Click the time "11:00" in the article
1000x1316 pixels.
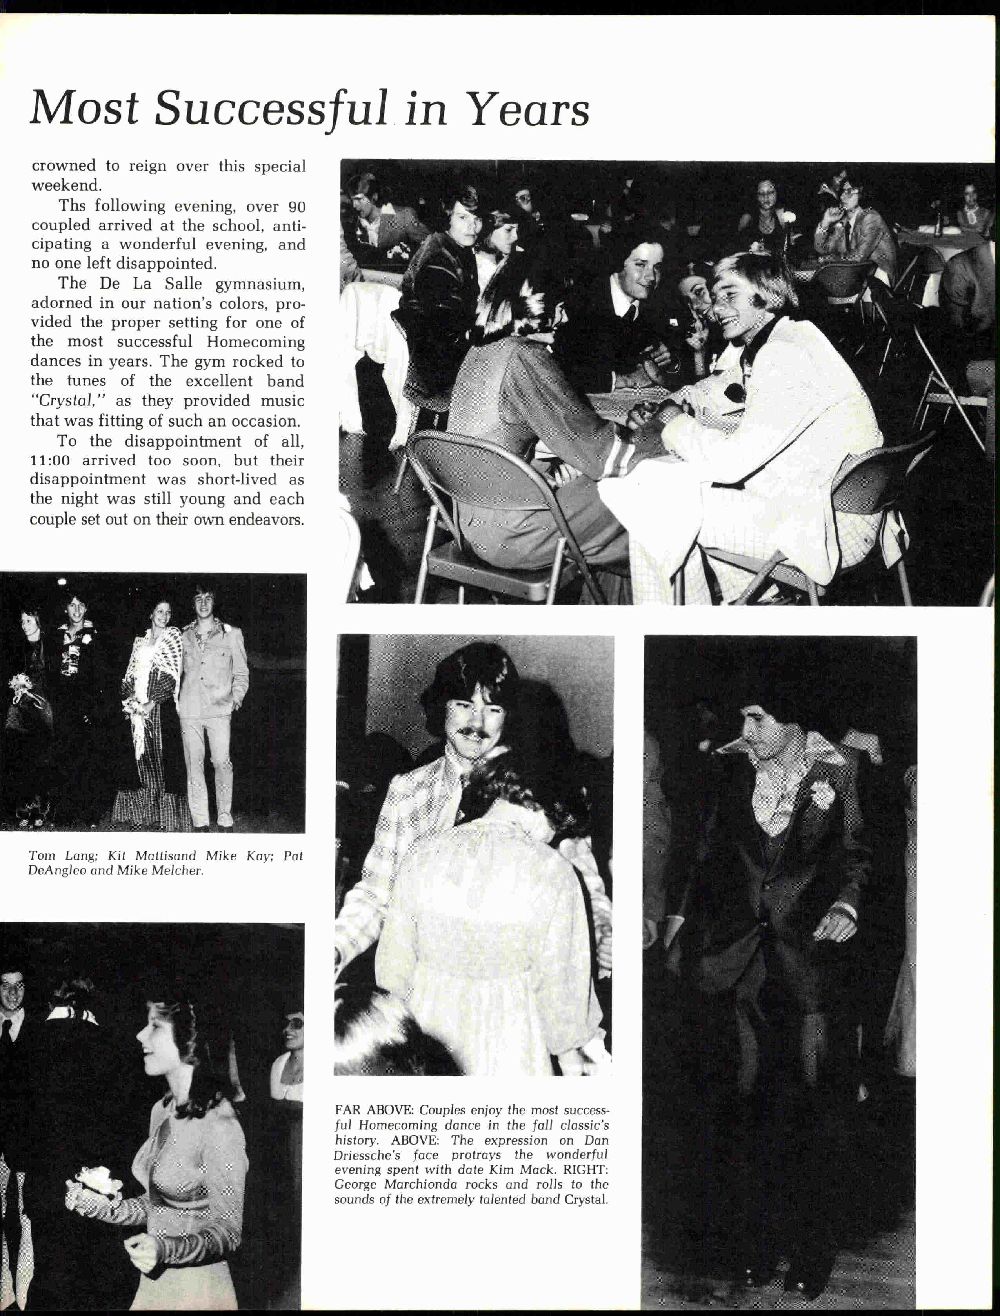(50, 460)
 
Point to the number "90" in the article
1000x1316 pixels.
(296, 207)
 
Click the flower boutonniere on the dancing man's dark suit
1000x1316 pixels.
(822, 794)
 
